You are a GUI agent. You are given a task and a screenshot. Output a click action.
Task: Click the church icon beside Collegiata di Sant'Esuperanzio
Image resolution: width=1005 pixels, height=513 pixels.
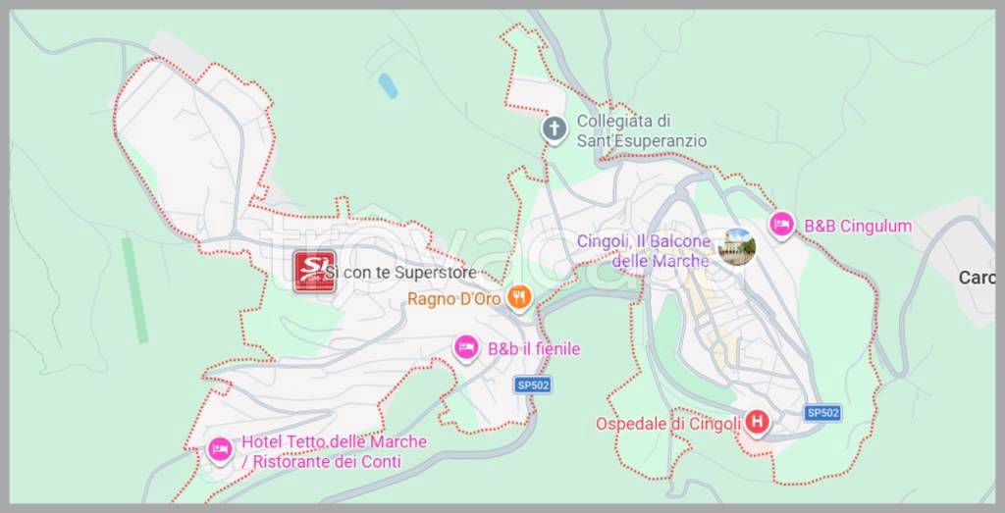pos(555,128)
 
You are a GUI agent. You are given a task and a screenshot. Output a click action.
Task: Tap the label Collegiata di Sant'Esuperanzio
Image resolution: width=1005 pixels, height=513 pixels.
pos(641,131)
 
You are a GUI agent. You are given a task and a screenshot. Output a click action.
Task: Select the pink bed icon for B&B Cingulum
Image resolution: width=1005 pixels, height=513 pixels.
pos(781,225)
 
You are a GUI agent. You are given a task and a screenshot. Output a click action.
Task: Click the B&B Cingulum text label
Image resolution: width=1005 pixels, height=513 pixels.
pos(858,227)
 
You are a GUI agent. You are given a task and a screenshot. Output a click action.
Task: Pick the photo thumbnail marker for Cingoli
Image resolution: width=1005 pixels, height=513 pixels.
pos(736,246)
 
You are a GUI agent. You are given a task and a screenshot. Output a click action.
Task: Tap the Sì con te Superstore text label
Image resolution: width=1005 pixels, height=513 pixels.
pos(402,272)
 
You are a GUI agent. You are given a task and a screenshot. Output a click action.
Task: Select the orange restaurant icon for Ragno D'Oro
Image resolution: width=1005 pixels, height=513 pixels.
pos(519,297)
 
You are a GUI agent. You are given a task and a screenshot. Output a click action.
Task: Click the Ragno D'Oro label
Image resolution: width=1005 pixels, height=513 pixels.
pos(454,299)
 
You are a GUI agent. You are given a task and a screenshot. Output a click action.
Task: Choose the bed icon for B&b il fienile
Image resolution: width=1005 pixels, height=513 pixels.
pos(467,347)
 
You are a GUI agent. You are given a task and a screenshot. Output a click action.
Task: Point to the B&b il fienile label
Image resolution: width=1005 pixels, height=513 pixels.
pos(534,349)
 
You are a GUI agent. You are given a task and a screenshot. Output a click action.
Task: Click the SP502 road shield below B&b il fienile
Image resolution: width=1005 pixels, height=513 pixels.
pos(532,385)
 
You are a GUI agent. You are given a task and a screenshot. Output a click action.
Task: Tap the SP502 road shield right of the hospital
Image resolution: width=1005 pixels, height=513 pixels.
pos(822,413)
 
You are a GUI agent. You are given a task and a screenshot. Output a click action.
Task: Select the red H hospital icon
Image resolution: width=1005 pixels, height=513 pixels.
pos(757,423)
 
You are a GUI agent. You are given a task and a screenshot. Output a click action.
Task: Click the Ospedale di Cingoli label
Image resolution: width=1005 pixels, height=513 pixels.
pos(667,424)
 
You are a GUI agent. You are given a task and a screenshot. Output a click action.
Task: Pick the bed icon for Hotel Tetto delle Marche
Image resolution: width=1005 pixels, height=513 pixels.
pos(220,449)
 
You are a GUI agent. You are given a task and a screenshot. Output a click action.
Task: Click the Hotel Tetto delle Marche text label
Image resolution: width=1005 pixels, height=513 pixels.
pos(334,451)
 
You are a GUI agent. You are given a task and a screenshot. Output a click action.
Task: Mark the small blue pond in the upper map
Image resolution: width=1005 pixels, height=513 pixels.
pos(388,85)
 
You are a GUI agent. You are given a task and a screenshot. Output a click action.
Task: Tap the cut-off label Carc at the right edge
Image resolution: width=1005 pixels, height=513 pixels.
pos(977,278)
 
